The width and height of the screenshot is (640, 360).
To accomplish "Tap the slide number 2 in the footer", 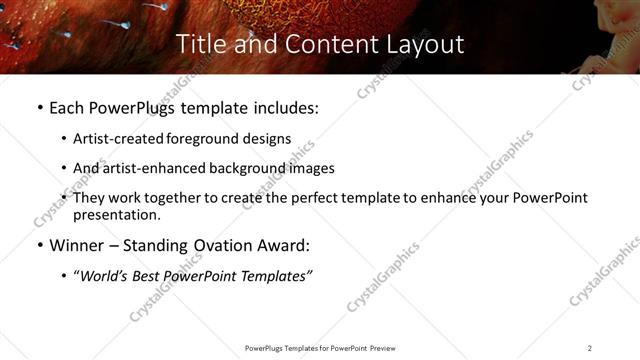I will click(x=590, y=348).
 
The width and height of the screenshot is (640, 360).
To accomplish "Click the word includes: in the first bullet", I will click(x=285, y=108).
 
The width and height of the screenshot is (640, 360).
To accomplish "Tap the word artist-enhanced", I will click(x=143, y=168).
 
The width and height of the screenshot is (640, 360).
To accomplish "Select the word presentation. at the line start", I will click(x=116, y=214).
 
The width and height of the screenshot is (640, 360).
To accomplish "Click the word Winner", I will click(x=76, y=245).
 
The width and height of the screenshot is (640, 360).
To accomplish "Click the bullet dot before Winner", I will click(x=39, y=245).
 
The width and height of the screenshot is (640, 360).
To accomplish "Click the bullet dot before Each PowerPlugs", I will click(x=39, y=108).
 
